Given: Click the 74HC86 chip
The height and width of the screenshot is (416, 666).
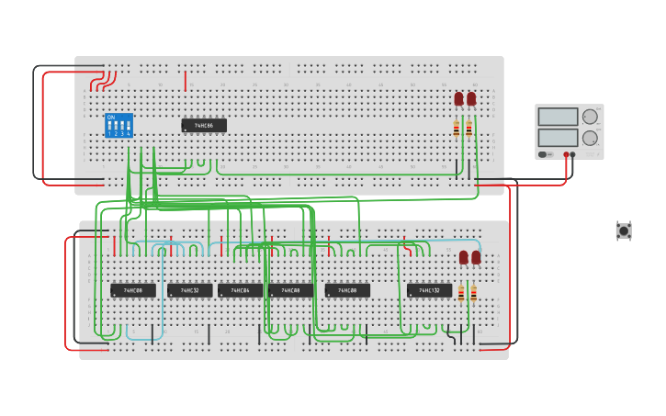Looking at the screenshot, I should (204, 126).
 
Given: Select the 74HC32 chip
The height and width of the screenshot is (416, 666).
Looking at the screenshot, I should (190, 290).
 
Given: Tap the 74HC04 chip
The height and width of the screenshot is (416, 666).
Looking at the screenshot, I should (241, 290).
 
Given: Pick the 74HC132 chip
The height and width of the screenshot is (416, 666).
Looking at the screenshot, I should (430, 290).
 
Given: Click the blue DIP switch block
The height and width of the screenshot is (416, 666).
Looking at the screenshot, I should (119, 126).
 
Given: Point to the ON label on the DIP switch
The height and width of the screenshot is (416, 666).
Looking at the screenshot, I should (111, 118).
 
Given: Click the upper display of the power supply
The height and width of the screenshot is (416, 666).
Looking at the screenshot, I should (558, 117).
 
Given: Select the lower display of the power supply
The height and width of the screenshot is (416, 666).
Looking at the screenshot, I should (558, 138).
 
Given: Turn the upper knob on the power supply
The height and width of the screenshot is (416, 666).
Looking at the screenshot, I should (590, 117).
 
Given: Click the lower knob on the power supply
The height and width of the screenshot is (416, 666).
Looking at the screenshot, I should (590, 139).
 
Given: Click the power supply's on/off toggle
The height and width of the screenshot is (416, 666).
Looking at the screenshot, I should (543, 154).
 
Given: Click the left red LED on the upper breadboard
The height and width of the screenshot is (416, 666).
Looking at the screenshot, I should (458, 98).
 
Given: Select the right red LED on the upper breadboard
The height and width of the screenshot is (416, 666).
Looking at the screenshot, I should (471, 98).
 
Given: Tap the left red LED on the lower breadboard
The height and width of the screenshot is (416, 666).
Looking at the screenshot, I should (464, 257).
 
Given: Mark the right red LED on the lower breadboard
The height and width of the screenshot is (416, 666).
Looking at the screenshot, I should (476, 257).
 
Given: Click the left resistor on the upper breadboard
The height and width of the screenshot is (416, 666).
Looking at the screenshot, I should (457, 129).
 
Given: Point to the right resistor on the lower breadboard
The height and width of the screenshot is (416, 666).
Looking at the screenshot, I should (474, 293).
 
